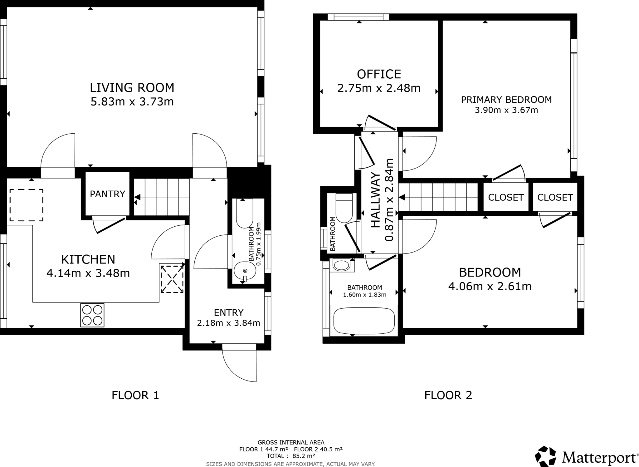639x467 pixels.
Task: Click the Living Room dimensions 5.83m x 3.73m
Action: tap(132, 102)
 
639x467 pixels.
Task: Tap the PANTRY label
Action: tap(107, 194)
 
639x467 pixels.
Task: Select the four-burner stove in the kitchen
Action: tap(92, 315)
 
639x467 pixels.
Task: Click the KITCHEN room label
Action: tap(88, 259)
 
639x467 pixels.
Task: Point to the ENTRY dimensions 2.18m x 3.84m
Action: tap(228, 323)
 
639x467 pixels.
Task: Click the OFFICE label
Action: tap(379, 74)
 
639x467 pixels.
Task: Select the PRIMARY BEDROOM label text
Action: tap(506, 100)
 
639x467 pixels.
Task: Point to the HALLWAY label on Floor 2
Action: tap(376, 200)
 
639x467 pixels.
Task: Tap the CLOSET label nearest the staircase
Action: tap(505, 197)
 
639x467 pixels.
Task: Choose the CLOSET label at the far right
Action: tap(555, 197)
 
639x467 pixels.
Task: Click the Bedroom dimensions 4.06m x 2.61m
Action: tap(490, 286)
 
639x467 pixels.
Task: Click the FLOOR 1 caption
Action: tap(135, 396)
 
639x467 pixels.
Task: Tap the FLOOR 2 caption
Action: tap(448, 396)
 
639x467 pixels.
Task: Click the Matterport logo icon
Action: tap(546, 456)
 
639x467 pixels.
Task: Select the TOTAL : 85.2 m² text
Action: tap(291, 455)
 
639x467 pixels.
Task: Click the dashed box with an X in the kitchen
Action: tap(172, 278)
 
